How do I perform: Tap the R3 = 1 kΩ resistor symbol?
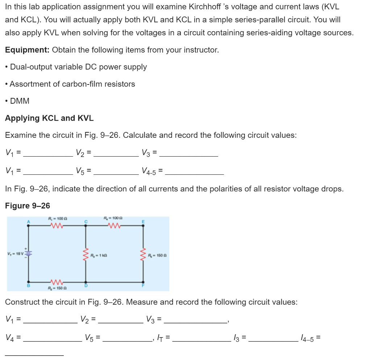86,253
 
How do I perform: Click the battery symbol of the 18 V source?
29,253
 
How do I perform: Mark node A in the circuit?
29,225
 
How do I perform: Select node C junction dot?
86,225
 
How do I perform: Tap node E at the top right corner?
143,225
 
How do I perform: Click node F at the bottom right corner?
143,282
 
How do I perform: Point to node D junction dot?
86,282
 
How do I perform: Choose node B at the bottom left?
29,282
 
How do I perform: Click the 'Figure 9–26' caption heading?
28,206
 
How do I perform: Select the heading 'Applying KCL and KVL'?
49,118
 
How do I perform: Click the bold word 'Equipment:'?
27,50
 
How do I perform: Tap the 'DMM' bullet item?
20,101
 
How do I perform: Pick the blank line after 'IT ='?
201,339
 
